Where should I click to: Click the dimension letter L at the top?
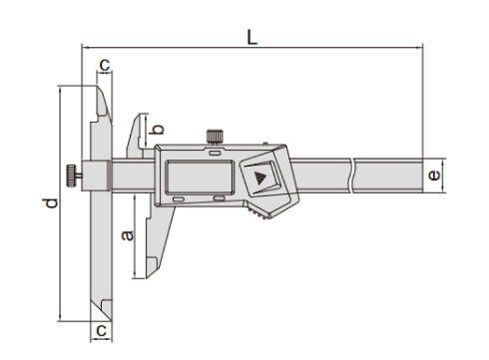point(252,36)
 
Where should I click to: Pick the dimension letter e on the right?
point(432,176)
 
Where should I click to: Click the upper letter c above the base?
point(103,66)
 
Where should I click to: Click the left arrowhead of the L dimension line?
point(86,46)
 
